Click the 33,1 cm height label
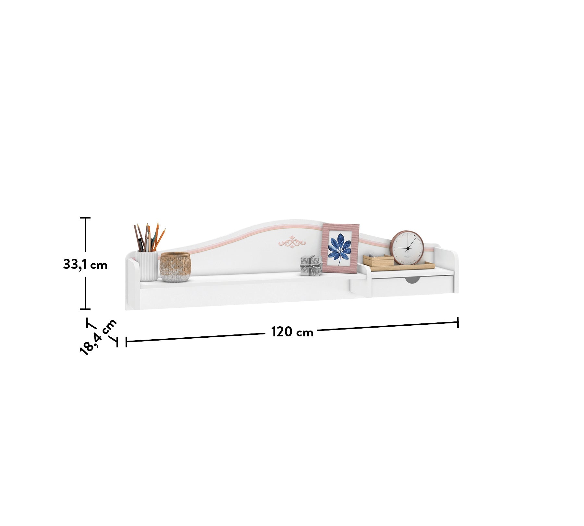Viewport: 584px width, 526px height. tap(85, 265)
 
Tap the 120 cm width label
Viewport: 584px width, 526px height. tap(292, 332)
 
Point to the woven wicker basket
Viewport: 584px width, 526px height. tap(175, 267)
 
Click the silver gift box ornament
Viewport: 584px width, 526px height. tap(311, 266)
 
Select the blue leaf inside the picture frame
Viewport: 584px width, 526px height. tap(339, 248)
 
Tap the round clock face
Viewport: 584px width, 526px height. tap(407, 248)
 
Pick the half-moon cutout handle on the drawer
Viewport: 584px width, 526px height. tap(412, 280)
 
